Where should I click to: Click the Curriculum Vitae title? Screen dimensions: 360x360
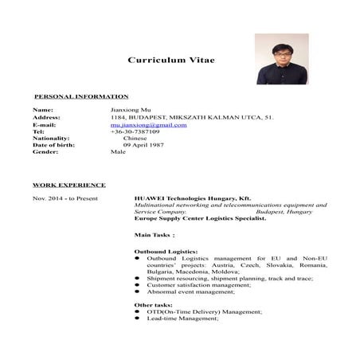pos(170,60)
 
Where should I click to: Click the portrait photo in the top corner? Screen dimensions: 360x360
pos(281,59)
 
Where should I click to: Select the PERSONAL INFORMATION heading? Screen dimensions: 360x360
pos(81,96)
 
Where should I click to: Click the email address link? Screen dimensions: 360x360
pos(149,124)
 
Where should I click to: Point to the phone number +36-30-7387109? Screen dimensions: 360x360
pos(135,131)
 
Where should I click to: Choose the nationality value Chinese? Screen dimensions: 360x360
pos(136,138)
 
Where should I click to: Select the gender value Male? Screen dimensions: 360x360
pos(119,151)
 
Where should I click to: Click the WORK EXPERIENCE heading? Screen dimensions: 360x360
pos(69,185)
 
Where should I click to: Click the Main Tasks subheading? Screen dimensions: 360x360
pos(155,235)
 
